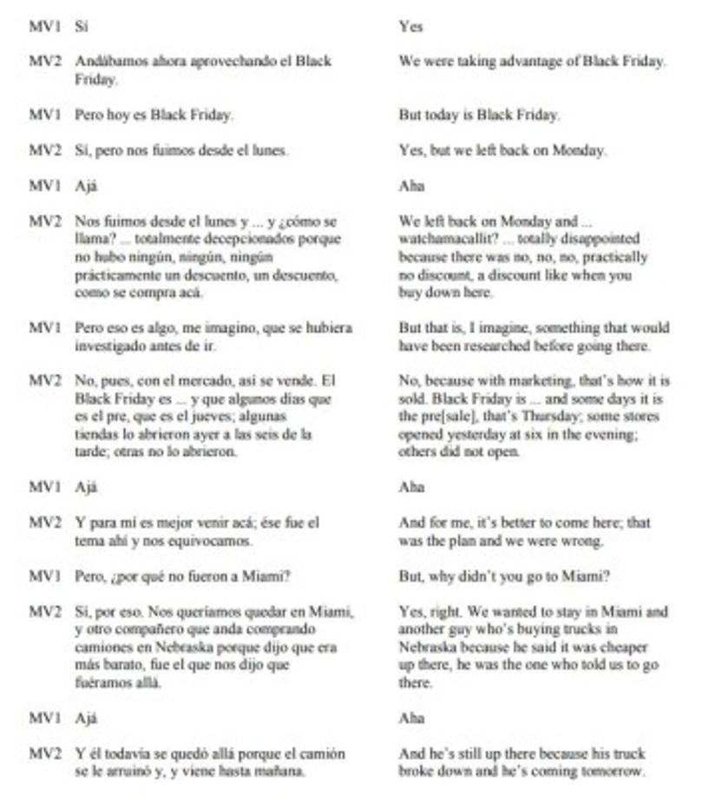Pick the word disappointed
click(600, 239)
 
